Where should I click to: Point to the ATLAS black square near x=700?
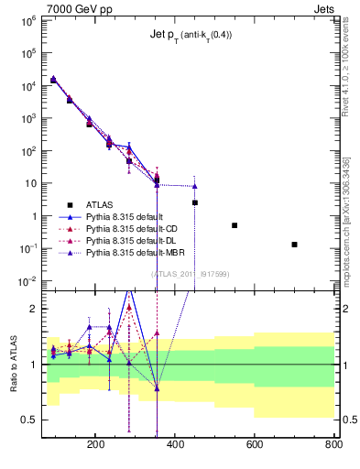[294, 245]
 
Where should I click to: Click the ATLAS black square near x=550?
[235, 225]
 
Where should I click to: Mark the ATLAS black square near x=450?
[195, 202]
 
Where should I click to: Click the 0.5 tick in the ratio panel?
[28, 420]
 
